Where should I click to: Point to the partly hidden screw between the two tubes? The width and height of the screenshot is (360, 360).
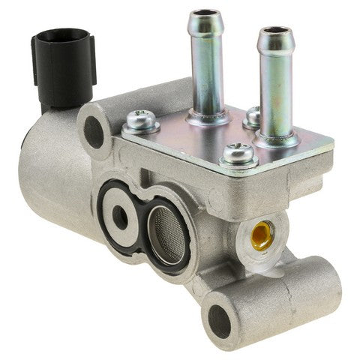253,115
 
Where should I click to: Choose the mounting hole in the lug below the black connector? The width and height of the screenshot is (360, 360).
94,130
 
